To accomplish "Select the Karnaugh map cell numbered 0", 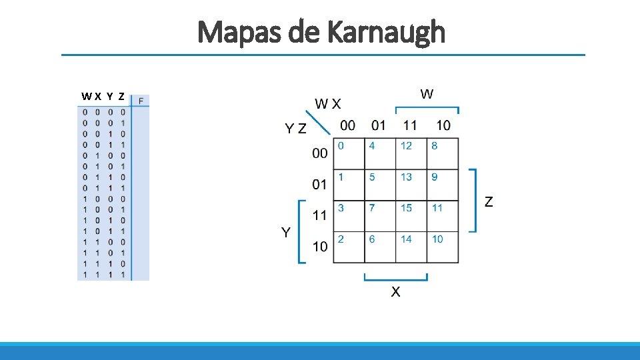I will (349, 153).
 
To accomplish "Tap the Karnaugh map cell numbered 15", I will (411, 216).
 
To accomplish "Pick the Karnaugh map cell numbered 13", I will (411, 185).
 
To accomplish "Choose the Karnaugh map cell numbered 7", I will (380, 216).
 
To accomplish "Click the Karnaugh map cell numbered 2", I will (349, 247).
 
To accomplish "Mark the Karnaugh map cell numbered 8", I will (442, 153).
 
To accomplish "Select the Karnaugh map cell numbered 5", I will (380, 185).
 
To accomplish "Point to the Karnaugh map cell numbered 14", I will (411, 247).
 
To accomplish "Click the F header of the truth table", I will (141, 101).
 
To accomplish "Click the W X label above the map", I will (328, 103).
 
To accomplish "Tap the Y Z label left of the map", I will (296, 129).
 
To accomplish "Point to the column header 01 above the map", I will (379, 125).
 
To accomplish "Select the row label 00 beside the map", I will (320, 153).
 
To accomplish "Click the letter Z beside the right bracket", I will (489, 201).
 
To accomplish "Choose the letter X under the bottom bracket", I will (395, 292).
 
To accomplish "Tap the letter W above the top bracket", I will (427, 94).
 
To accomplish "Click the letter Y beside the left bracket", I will (285, 232).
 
